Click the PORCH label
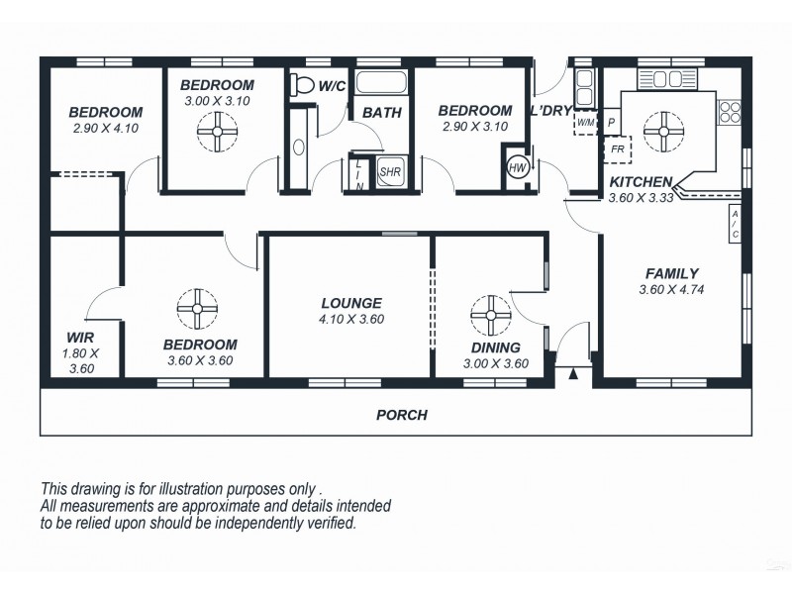[x=401, y=415]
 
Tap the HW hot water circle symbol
[x=517, y=166]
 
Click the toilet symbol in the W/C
[x=302, y=85]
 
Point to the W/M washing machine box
[x=586, y=123]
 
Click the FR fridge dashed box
[x=616, y=148]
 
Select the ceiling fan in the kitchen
[x=662, y=126]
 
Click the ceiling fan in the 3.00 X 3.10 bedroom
[x=217, y=129]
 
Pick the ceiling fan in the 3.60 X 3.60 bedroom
[x=197, y=309]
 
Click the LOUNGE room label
[x=350, y=303]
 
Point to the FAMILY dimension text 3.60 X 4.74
[x=671, y=290]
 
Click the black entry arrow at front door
[x=573, y=374]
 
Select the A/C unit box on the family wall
[x=735, y=226]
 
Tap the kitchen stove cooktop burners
[x=730, y=111]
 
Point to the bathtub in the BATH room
[x=382, y=82]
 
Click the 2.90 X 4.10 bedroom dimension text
[x=105, y=128]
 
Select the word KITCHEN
[x=641, y=182]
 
